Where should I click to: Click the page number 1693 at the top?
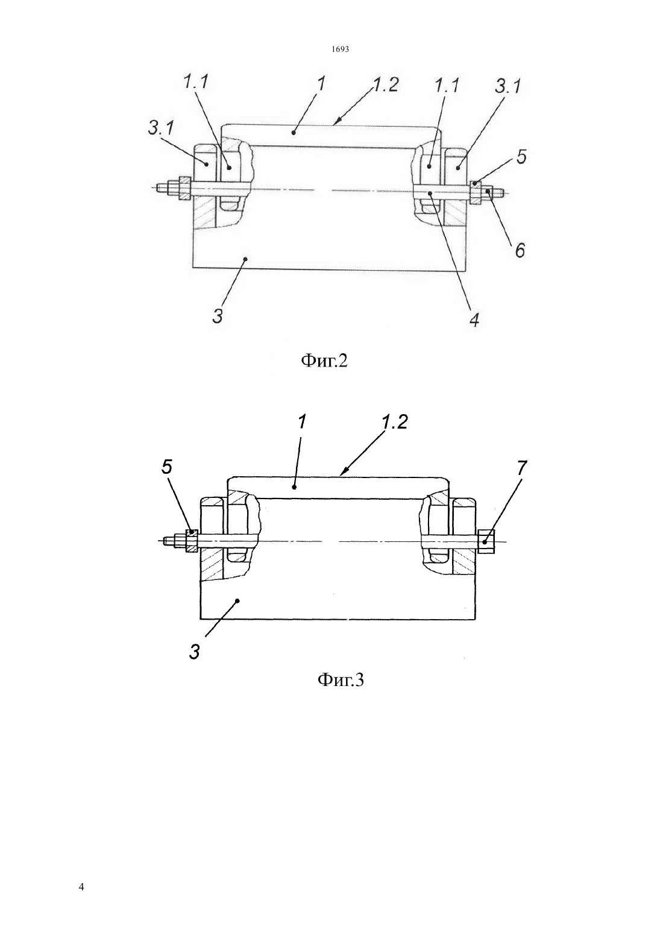(x=340, y=49)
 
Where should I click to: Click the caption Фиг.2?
(x=324, y=360)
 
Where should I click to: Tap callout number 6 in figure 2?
(x=519, y=251)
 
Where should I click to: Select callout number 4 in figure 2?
(x=474, y=319)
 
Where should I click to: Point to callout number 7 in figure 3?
(x=522, y=468)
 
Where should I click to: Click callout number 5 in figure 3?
(x=166, y=468)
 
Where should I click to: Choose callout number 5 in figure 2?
(x=521, y=157)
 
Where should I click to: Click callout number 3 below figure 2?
(x=218, y=316)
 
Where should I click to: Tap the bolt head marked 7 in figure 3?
(x=486, y=542)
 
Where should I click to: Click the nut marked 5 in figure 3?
(x=191, y=541)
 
